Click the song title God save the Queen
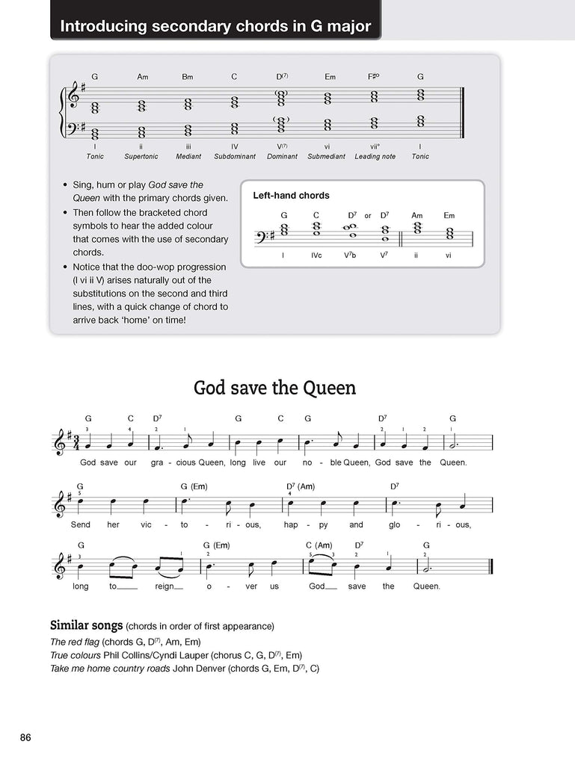[274, 388]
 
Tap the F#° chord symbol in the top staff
[375, 77]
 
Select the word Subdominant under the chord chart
[234, 157]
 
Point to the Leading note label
[375, 157]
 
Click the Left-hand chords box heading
[291, 196]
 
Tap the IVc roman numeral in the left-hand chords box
[317, 255]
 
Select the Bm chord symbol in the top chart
[188, 77]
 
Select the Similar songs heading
[85, 625]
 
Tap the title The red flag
[74, 641]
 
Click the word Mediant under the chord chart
[188, 157]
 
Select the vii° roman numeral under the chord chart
[375, 146]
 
